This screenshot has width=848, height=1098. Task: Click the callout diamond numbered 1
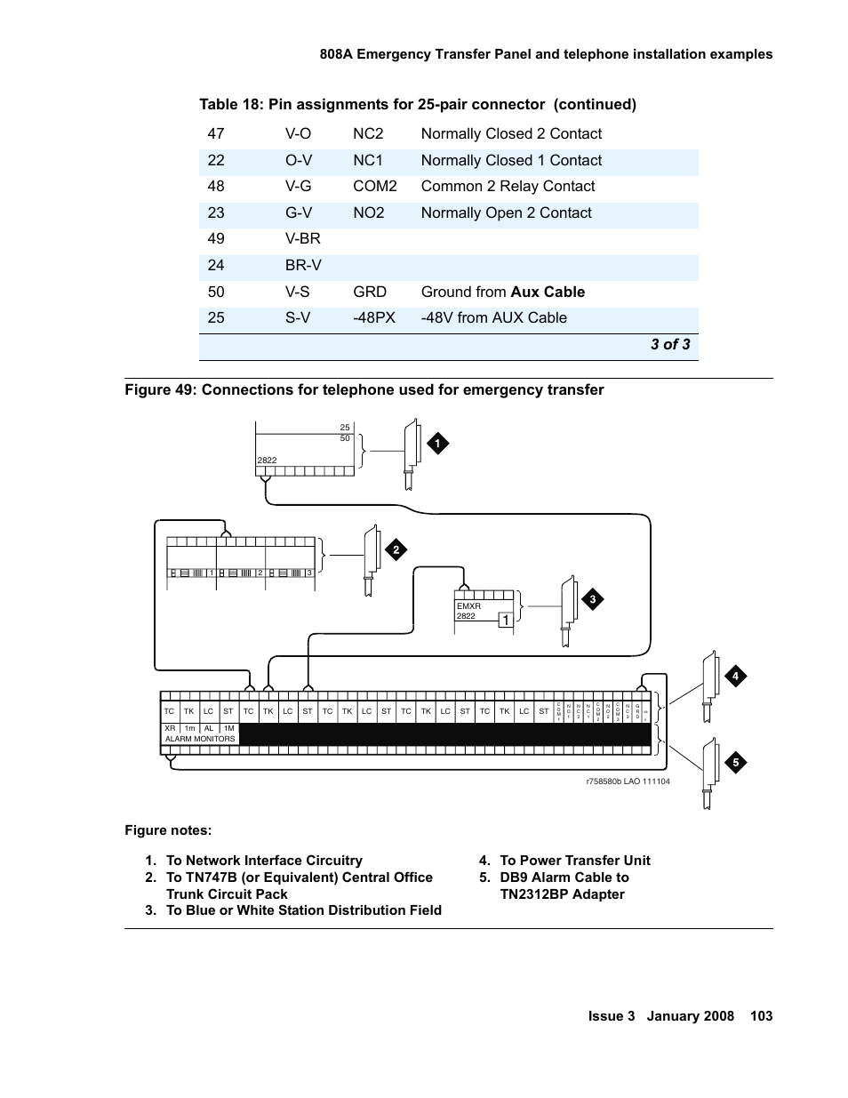[x=436, y=444]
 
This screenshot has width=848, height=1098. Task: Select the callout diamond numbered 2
[x=396, y=550]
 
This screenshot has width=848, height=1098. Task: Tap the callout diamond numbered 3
[x=592, y=600]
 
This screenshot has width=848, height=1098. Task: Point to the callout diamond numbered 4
[x=735, y=677]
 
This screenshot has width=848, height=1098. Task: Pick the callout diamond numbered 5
[x=735, y=762]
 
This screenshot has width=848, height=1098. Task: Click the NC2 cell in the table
[x=368, y=133]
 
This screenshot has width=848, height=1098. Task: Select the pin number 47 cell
[x=216, y=133]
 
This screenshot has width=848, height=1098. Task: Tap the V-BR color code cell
[x=302, y=238]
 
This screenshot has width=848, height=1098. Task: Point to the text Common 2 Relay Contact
[x=508, y=186]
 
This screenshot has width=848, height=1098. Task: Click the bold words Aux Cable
[x=548, y=292]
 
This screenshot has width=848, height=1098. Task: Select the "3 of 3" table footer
[x=669, y=344]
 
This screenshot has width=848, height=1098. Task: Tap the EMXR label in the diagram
[x=468, y=606]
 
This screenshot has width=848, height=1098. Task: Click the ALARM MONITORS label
[x=200, y=739]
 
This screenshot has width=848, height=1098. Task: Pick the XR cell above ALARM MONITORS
[x=171, y=728]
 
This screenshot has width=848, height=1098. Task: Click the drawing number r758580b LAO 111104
[x=628, y=781]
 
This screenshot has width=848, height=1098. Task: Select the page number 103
[x=761, y=1016]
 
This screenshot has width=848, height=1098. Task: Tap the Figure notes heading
[x=168, y=830]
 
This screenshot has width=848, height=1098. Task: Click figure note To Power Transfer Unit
[x=574, y=860]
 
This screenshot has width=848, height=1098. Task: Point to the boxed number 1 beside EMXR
[x=505, y=620]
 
